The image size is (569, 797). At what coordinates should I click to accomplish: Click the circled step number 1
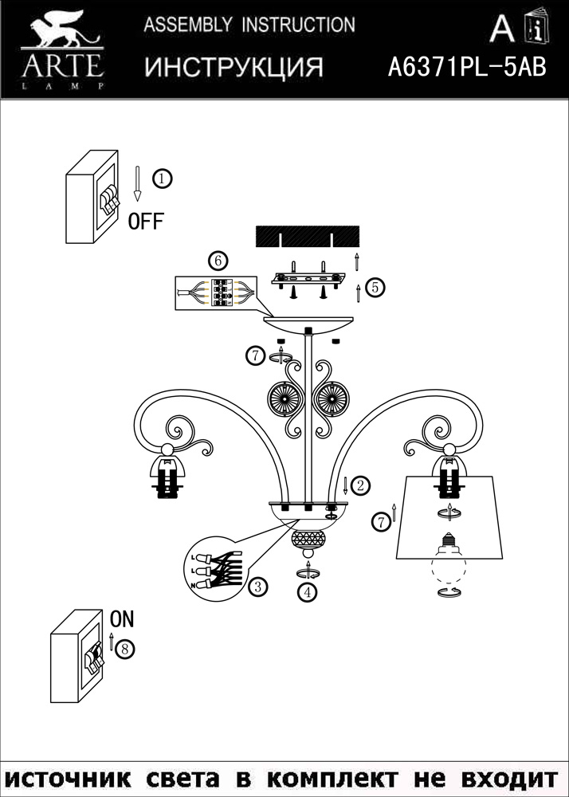click(x=162, y=179)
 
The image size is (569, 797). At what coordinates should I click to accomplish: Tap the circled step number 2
click(x=360, y=485)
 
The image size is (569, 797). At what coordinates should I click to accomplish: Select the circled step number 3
click(x=256, y=587)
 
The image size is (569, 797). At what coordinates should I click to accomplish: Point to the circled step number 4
click(x=307, y=592)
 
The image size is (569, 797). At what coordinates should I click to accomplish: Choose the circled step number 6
click(x=218, y=261)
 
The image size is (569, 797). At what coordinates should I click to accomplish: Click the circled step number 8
click(x=124, y=649)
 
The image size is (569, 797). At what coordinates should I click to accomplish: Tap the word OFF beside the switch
click(x=146, y=221)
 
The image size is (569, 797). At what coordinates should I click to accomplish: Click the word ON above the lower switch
click(x=122, y=618)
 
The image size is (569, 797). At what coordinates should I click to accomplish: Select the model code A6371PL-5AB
click(x=466, y=68)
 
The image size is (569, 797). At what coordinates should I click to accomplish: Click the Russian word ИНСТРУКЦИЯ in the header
click(x=233, y=68)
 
